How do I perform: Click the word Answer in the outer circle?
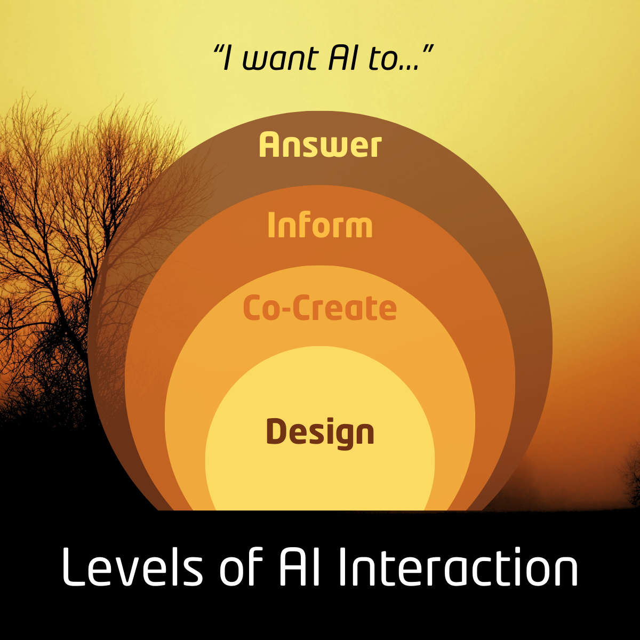(x=320, y=144)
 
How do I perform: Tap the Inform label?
(x=320, y=225)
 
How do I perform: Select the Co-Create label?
(x=320, y=308)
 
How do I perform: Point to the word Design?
(x=320, y=433)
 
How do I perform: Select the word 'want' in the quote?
(x=281, y=59)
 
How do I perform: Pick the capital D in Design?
(x=277, y=431)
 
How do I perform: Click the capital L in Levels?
(x=73, y=567)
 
